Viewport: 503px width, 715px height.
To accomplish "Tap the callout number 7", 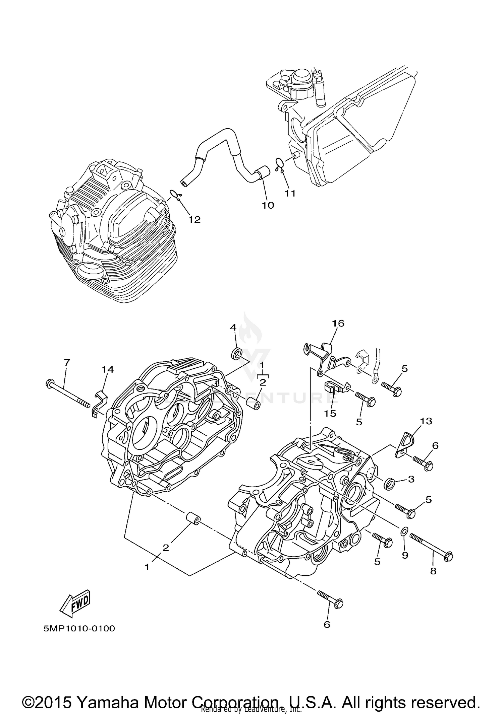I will coord(67,362).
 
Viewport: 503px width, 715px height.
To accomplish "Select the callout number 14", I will coord(108,369).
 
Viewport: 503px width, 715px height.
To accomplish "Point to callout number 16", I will coord(338,323).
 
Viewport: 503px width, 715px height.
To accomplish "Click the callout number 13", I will coord(426,421).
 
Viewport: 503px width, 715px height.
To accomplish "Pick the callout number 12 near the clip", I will coord(194,219).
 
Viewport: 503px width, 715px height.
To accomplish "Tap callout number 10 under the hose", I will coord(268,205).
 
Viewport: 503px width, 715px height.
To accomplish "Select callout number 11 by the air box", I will coord(290,193).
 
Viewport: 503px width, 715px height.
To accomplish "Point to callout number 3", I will coord(411,479).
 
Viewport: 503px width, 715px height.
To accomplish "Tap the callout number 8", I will coord(433,571).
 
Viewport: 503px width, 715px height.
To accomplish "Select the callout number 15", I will coord(330,413).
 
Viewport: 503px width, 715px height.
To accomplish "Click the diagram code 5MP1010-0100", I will coord(79,628).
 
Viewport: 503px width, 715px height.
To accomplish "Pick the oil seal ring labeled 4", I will coord(237,354).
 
